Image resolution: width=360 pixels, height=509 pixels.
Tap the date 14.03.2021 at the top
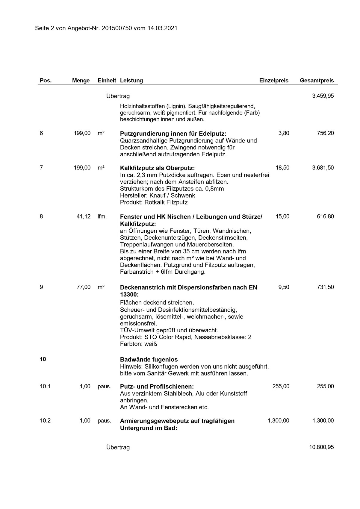[162, 28]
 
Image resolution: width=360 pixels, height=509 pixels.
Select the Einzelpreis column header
[274, 81]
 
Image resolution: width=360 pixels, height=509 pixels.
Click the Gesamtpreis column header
[317, 81]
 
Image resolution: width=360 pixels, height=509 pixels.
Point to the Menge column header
[81, 81]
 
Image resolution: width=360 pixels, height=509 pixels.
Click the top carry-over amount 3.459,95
[323, 96]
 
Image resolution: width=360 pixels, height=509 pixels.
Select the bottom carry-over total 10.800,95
[321, 447]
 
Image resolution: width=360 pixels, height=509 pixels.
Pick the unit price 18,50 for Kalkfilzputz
[282, 168]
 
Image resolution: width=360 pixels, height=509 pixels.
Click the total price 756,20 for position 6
[325, 133]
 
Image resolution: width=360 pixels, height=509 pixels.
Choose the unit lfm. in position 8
[102, 216]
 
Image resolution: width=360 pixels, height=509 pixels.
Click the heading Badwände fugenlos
[149, 360]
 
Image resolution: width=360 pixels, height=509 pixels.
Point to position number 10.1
[45, 387]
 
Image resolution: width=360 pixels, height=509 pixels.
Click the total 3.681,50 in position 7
[323, 168]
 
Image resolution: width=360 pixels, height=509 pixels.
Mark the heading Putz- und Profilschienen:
[157, 387]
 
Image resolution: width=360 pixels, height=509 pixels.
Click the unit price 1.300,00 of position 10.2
[279, 421]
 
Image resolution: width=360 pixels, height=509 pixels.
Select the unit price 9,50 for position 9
[284, 287]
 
